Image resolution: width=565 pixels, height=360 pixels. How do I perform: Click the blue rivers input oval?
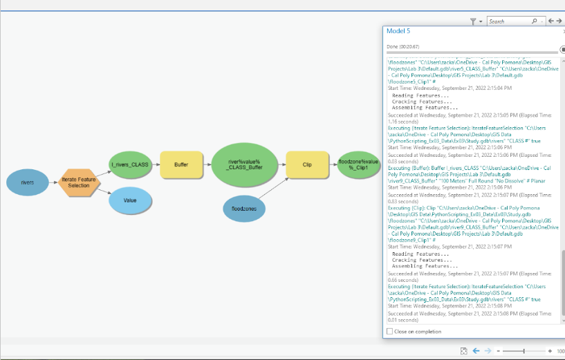tap(28, 182)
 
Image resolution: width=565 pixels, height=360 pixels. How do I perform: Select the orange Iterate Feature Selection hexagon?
tap(79, 182)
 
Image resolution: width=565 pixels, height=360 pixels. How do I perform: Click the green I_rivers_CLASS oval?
tap(131, 164)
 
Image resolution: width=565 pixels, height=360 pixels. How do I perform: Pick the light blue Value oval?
tap(130, 200)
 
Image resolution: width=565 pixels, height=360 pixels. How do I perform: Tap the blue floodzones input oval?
tap(245, 208)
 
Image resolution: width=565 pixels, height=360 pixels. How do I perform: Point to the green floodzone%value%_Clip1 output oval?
tap(358, 164)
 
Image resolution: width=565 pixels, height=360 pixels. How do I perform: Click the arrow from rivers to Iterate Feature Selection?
tap(55, 182)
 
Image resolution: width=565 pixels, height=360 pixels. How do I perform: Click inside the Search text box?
tap(508, 21)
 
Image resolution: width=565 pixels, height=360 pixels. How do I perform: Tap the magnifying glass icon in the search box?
tap(534, 21)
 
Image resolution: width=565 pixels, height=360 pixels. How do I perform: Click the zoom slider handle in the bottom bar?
tap(524, 351)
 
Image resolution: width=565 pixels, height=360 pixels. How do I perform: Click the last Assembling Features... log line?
tap(425, 265)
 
